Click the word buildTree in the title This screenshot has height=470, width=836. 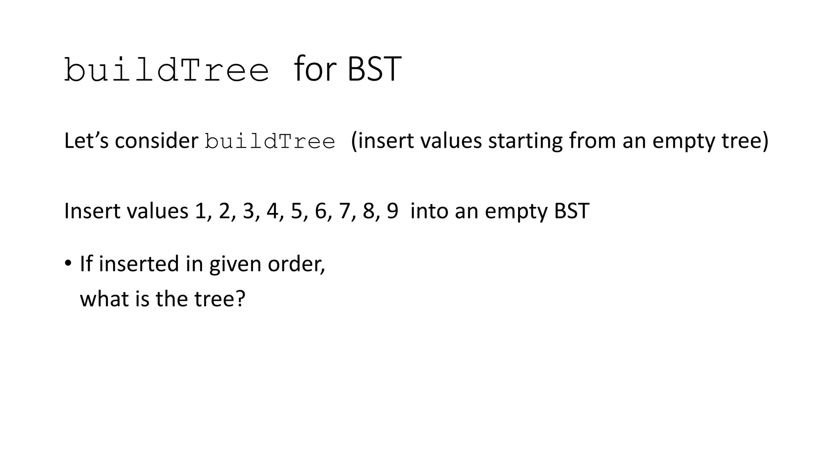pyautogui.click(x=167, y=70)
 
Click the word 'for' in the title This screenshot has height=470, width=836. pyautogui.click(x=315, y=69)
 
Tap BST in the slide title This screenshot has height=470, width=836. pyautogui.click(x=374, y=69)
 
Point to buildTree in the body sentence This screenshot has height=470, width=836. pyautogui.click(x=270, y=142)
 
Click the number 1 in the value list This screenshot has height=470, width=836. pyautogui.click(x=200, y=211)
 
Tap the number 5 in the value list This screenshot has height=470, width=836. pyautogui.click(x=296, y=211)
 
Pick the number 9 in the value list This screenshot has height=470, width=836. pyautogui.click(x=392, y=211)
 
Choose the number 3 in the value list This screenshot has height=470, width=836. pyautogui.click(x=248, y=211)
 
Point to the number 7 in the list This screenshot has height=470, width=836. pyautogui.click(x=345, y=211)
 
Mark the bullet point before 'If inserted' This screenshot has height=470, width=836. pyautogui.click(x=68, y=262)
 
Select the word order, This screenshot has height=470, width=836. pyautogui.click(x=296, y=264)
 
